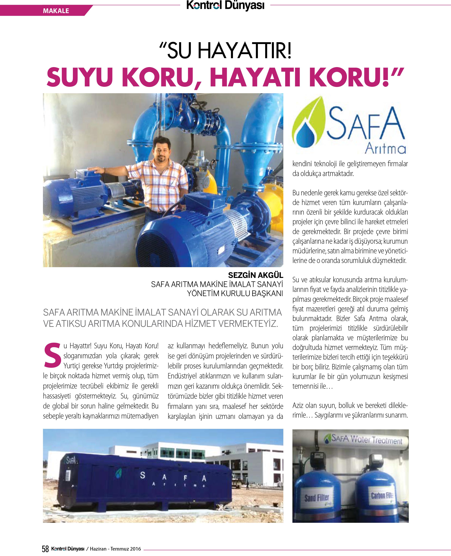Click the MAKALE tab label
point(56,11)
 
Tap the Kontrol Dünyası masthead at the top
point(225,6)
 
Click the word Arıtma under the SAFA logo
point(386,149)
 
